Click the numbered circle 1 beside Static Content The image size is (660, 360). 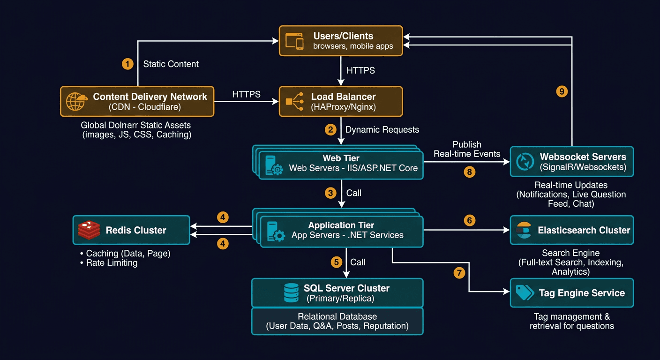127,64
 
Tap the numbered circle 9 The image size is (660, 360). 562,91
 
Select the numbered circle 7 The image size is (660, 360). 460,272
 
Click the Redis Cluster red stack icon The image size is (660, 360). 89,230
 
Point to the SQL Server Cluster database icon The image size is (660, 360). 291,292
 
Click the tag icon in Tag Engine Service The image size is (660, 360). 524,292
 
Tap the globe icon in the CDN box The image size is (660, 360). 76,101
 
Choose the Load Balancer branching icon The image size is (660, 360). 294,101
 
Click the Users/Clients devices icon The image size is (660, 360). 294,41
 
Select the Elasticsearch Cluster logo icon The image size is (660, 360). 523,230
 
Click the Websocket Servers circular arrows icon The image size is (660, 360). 525,161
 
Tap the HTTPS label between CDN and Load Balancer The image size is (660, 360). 246,94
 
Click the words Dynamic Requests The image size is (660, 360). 382,129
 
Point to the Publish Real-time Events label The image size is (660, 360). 467,149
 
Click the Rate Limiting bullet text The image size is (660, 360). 112,263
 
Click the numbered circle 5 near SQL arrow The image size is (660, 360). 336,262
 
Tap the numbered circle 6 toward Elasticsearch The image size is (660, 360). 469,219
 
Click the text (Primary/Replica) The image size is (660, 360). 340,299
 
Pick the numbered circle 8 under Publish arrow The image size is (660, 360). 469,172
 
